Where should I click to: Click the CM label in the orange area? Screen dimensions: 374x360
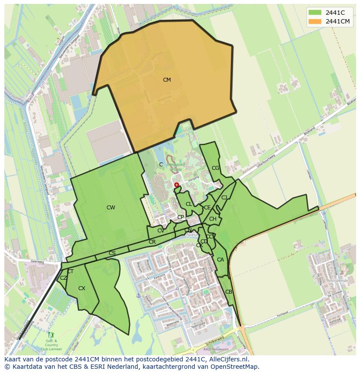167,80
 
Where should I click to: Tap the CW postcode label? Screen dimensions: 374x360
111,208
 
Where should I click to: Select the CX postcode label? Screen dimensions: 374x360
82,288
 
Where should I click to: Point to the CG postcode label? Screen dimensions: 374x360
216,168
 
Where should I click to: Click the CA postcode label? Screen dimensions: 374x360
220,260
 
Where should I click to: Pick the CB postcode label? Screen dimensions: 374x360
229,292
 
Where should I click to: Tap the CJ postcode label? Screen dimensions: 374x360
224,198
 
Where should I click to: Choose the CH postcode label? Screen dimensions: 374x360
213,219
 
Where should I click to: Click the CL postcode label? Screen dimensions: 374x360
189,204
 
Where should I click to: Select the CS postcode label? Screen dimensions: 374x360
112,253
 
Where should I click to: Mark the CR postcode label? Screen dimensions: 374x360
152,242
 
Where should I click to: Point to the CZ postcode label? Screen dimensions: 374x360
63,278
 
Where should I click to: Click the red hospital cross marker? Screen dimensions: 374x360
177,185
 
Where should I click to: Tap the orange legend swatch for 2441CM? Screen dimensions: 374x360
315,22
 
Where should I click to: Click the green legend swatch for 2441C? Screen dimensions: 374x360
315,13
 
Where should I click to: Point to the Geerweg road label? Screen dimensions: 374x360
38,262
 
